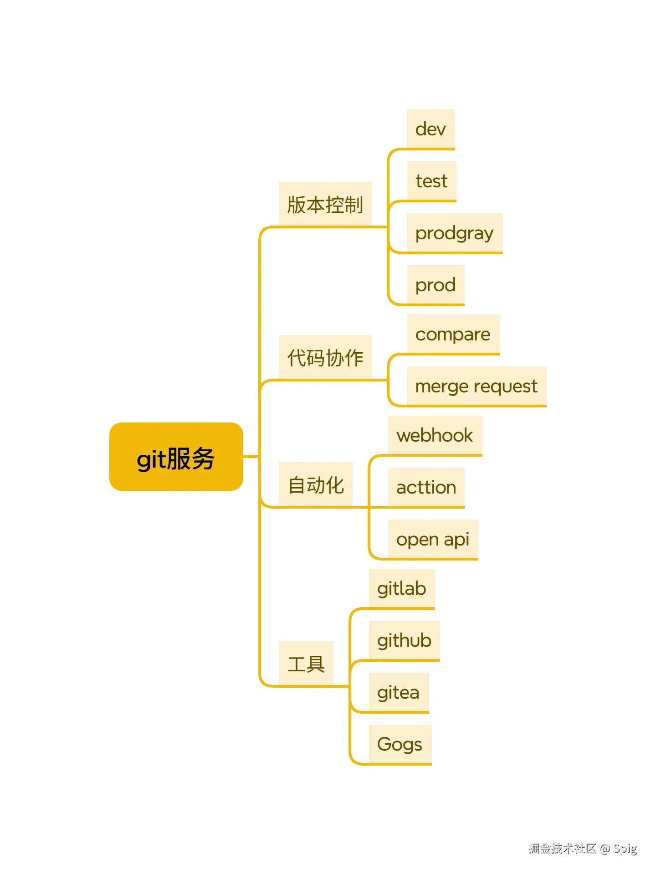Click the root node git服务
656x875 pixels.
point(176,457)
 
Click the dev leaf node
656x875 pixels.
point(430,129)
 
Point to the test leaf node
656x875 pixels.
point(431,181)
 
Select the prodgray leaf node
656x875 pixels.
point(454,233)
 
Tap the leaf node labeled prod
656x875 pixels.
point(436,285)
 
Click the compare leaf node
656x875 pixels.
point(453,334)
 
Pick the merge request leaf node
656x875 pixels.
point(476,386)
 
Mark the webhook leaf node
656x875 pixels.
point(435,435)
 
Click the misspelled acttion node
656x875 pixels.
point(426,487)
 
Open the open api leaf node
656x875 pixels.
point(432,539)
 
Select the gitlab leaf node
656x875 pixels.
point(401,588)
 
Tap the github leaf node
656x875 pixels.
point(404,640)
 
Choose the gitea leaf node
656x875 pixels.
point(398,692)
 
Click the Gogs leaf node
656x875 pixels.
point(400,744)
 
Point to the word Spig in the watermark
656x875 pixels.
point(625,849)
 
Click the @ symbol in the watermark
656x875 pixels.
point(605,849)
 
